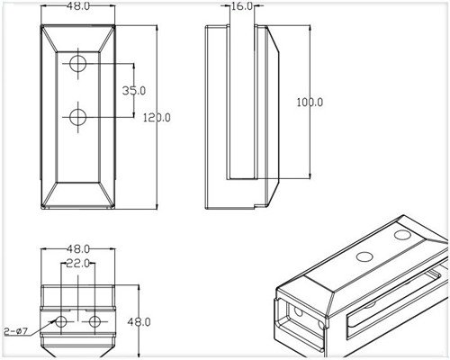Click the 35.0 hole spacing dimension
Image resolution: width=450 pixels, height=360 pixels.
point(134,90)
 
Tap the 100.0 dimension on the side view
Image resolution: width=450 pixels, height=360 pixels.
point(310,103)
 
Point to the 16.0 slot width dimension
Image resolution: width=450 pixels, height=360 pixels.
point(242,6)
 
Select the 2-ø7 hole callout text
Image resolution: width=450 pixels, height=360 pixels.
point(17,330)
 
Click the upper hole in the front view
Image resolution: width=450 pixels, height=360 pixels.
point(78,63)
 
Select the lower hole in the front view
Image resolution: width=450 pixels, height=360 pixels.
point(78,116)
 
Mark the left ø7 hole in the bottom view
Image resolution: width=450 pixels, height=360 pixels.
point(62,321)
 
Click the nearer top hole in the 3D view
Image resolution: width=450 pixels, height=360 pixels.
point(364,256)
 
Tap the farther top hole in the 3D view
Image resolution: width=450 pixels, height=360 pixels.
point(402,233)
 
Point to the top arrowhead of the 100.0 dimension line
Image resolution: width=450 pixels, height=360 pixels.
point(311,28)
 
